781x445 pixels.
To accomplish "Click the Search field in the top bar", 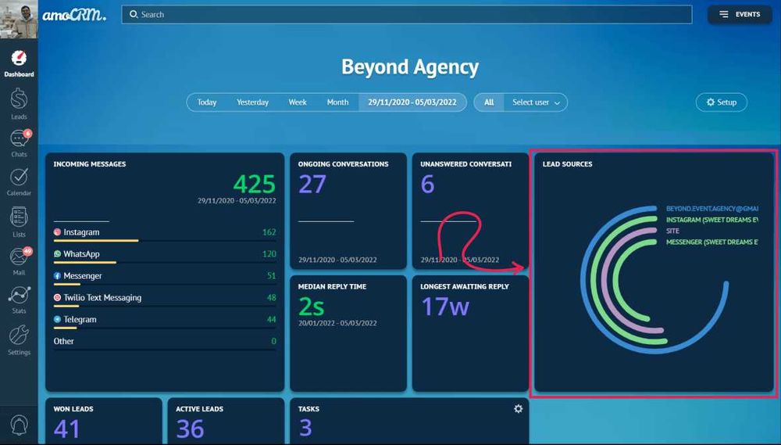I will click(x=406, y=14).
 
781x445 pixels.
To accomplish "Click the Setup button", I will click(x=721, y=102).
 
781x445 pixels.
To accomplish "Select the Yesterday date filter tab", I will click(x=252, y=102).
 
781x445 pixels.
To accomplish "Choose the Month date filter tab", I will click(x=337, y=102).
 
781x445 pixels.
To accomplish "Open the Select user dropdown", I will click(x=536, y=102).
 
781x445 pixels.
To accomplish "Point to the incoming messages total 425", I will click(x=254, y=184).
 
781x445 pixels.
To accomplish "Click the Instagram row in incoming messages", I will click(x=82, y=232).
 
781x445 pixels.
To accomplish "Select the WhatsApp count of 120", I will click(x=269, y=254).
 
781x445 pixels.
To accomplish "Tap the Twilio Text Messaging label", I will click(x=102, y=298).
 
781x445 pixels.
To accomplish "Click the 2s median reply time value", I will click(x=312, y=306).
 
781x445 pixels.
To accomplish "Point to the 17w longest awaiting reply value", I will click(x=445, y=306).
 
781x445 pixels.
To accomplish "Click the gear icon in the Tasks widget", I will click(x=518, y=409).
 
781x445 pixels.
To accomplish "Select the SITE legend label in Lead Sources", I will click(x=672, y=231).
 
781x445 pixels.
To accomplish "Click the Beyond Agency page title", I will click(x=409, y=67).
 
